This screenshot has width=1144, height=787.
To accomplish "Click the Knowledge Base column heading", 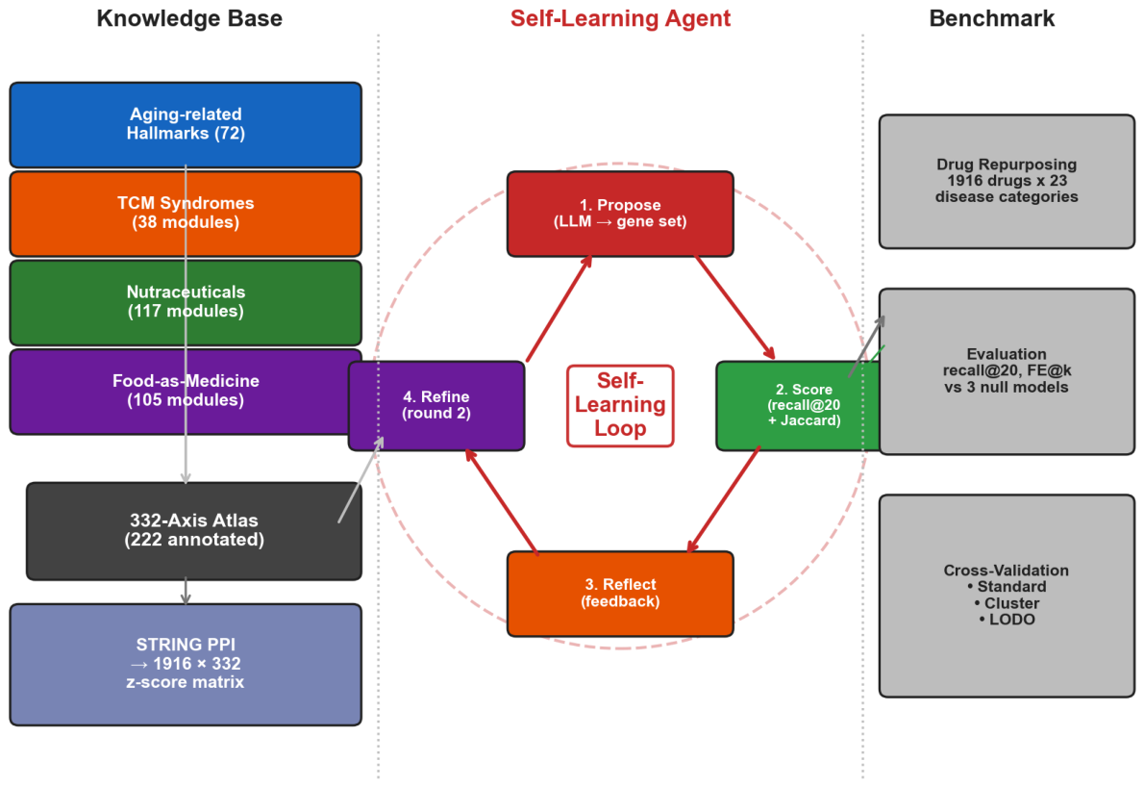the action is (x=189, y=18).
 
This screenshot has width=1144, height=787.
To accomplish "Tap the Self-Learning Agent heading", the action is (x=620, y=18).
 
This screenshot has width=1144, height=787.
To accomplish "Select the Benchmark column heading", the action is (x=991, y=18).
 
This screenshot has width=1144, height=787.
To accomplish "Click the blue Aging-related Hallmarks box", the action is (x=186, y=125).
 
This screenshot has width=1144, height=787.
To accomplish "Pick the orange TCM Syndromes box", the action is (x=186, y=214).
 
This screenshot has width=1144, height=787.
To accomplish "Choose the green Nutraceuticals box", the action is (x=186, y=302).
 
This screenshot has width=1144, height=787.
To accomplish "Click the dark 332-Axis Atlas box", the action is (x=194, y=531).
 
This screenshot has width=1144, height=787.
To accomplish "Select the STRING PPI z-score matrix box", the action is (x=186, y=665).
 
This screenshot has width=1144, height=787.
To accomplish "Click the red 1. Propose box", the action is (x=620, y=214).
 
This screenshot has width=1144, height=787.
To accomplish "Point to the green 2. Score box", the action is (x=798, y=405).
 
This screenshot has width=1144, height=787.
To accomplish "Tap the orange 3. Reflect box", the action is (x=620, y=594).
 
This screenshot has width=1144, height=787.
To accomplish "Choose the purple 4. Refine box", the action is (x=436, y=405).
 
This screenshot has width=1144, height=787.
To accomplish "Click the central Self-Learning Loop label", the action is (x=620, y=405).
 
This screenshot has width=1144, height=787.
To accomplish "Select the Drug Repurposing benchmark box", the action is (x=1007, y=181).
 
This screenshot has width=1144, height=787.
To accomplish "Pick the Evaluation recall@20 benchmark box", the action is (x=1007, y=370).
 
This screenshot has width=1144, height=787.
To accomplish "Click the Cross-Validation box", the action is (x=1007, y=596).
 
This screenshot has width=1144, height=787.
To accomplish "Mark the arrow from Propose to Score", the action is (x=734, y=307).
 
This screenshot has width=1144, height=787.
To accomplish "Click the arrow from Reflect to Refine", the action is (x=502, y=502).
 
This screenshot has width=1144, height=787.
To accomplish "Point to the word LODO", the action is (x=1012, y=620).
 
